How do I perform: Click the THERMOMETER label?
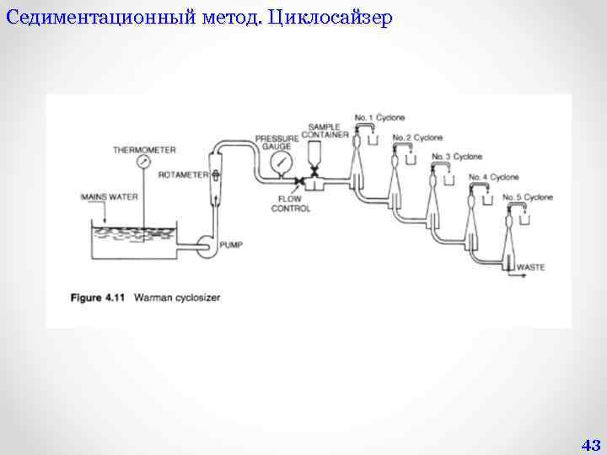point(145,150)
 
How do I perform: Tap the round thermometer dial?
point(145,162)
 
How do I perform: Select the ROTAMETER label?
point(182,174)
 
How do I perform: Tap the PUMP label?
point(230,245)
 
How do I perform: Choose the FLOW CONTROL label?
point(291,204)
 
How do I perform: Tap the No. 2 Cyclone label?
point(418,137)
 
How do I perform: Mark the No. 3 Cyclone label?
point(457,157)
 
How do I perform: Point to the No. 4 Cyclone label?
point(494,177)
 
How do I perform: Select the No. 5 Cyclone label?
point(528,197)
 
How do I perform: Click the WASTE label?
point(530,267)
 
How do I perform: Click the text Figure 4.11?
point(96,297)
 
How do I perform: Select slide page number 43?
point(590,445)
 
